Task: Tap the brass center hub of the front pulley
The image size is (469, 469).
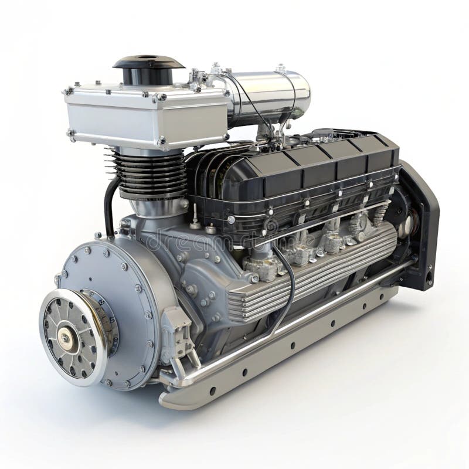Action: click(64, 338)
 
